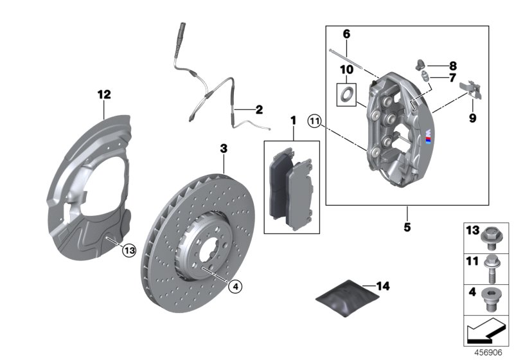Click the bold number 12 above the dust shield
pyautogui.click(x=104, y=94)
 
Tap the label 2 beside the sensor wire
pyautogui.click(x=258, y=110)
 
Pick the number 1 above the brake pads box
pyautogui.click(x=292, y=120)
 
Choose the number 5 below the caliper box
pyautogui.click(x=407, y=227)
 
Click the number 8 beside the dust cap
pyautogui.click(x=453, y=66)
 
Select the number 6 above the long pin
pyautogui.click(x=346, y=33)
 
